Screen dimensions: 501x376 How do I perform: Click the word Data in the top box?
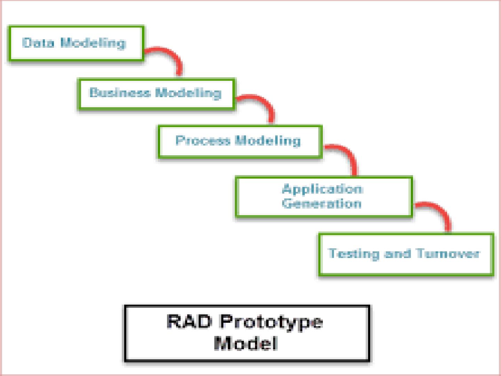pyautogui.click(x=38, y=43)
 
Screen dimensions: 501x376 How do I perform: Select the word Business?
pyautogui.click(x=120, y=93)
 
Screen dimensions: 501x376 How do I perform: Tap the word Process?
pyautogui.click(x=203, y=140)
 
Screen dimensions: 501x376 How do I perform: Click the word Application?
pyautogui.click(x=323, y=189)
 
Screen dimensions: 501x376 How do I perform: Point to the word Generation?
pyautogui.click(x=321, y=203)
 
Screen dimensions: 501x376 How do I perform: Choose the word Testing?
pyautogui.click(x=353, y=254)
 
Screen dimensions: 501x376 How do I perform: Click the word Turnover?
pyautogui.click(x=447, y=253)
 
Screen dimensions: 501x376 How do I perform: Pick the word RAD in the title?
pyautogui.click(x=189, y=321)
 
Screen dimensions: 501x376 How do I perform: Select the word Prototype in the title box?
pyautogui.click(x=271, y=323)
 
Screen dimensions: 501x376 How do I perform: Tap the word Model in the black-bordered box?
pyautogui.click(x=246, y=343)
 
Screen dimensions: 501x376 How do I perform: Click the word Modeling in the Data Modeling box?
pyautogui.click(x=93, y=43)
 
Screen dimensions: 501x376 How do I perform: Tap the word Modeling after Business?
pyautogui.click(x=188, y=93)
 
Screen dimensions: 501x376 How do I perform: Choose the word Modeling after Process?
pyautogui.click(x=268, y=141)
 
